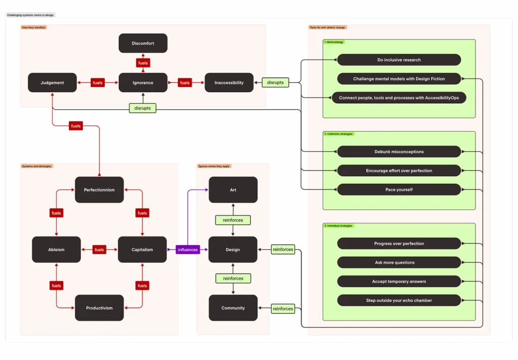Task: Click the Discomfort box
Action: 143,44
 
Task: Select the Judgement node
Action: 53,83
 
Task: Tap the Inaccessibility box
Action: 229,83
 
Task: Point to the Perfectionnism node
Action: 99,190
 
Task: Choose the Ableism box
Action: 56,250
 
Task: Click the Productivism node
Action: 99,308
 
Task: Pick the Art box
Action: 233,190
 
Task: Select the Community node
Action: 233,308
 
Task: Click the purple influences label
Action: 188,250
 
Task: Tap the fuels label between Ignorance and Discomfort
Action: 143,63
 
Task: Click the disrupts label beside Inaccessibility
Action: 275,83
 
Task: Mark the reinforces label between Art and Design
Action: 233,220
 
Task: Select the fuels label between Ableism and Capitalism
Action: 99,250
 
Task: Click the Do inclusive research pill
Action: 399,60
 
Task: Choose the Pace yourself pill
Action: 399,190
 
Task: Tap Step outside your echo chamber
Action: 399,300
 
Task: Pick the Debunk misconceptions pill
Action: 399,152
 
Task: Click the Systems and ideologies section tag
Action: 37,166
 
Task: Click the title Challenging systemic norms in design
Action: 30,15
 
